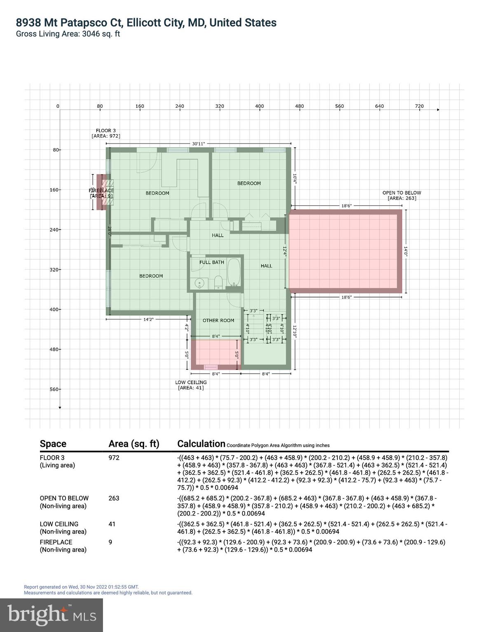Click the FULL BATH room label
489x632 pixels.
[x=212, y=262]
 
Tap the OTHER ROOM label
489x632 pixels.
[x=218, y=321]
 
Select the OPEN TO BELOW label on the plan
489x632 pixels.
[x=402, y=193]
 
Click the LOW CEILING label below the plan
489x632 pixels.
[x=191, y=382]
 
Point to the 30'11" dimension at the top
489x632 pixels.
[x=198, y=144]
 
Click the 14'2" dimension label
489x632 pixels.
[x=148, y=319]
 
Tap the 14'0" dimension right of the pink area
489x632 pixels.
[x=405, y=251]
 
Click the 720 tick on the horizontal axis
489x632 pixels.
[x=419, y=106]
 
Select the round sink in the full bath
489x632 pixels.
[x=199, y=283]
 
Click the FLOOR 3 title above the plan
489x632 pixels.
[x=106, y=130]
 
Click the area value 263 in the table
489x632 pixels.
[x=114, y=498]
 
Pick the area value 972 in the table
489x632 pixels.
[x=114, y=458]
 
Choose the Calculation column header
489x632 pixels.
[x=201, y=444]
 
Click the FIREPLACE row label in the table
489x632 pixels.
[x=56, y=542]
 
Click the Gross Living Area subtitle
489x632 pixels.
[x=68, y=34]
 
